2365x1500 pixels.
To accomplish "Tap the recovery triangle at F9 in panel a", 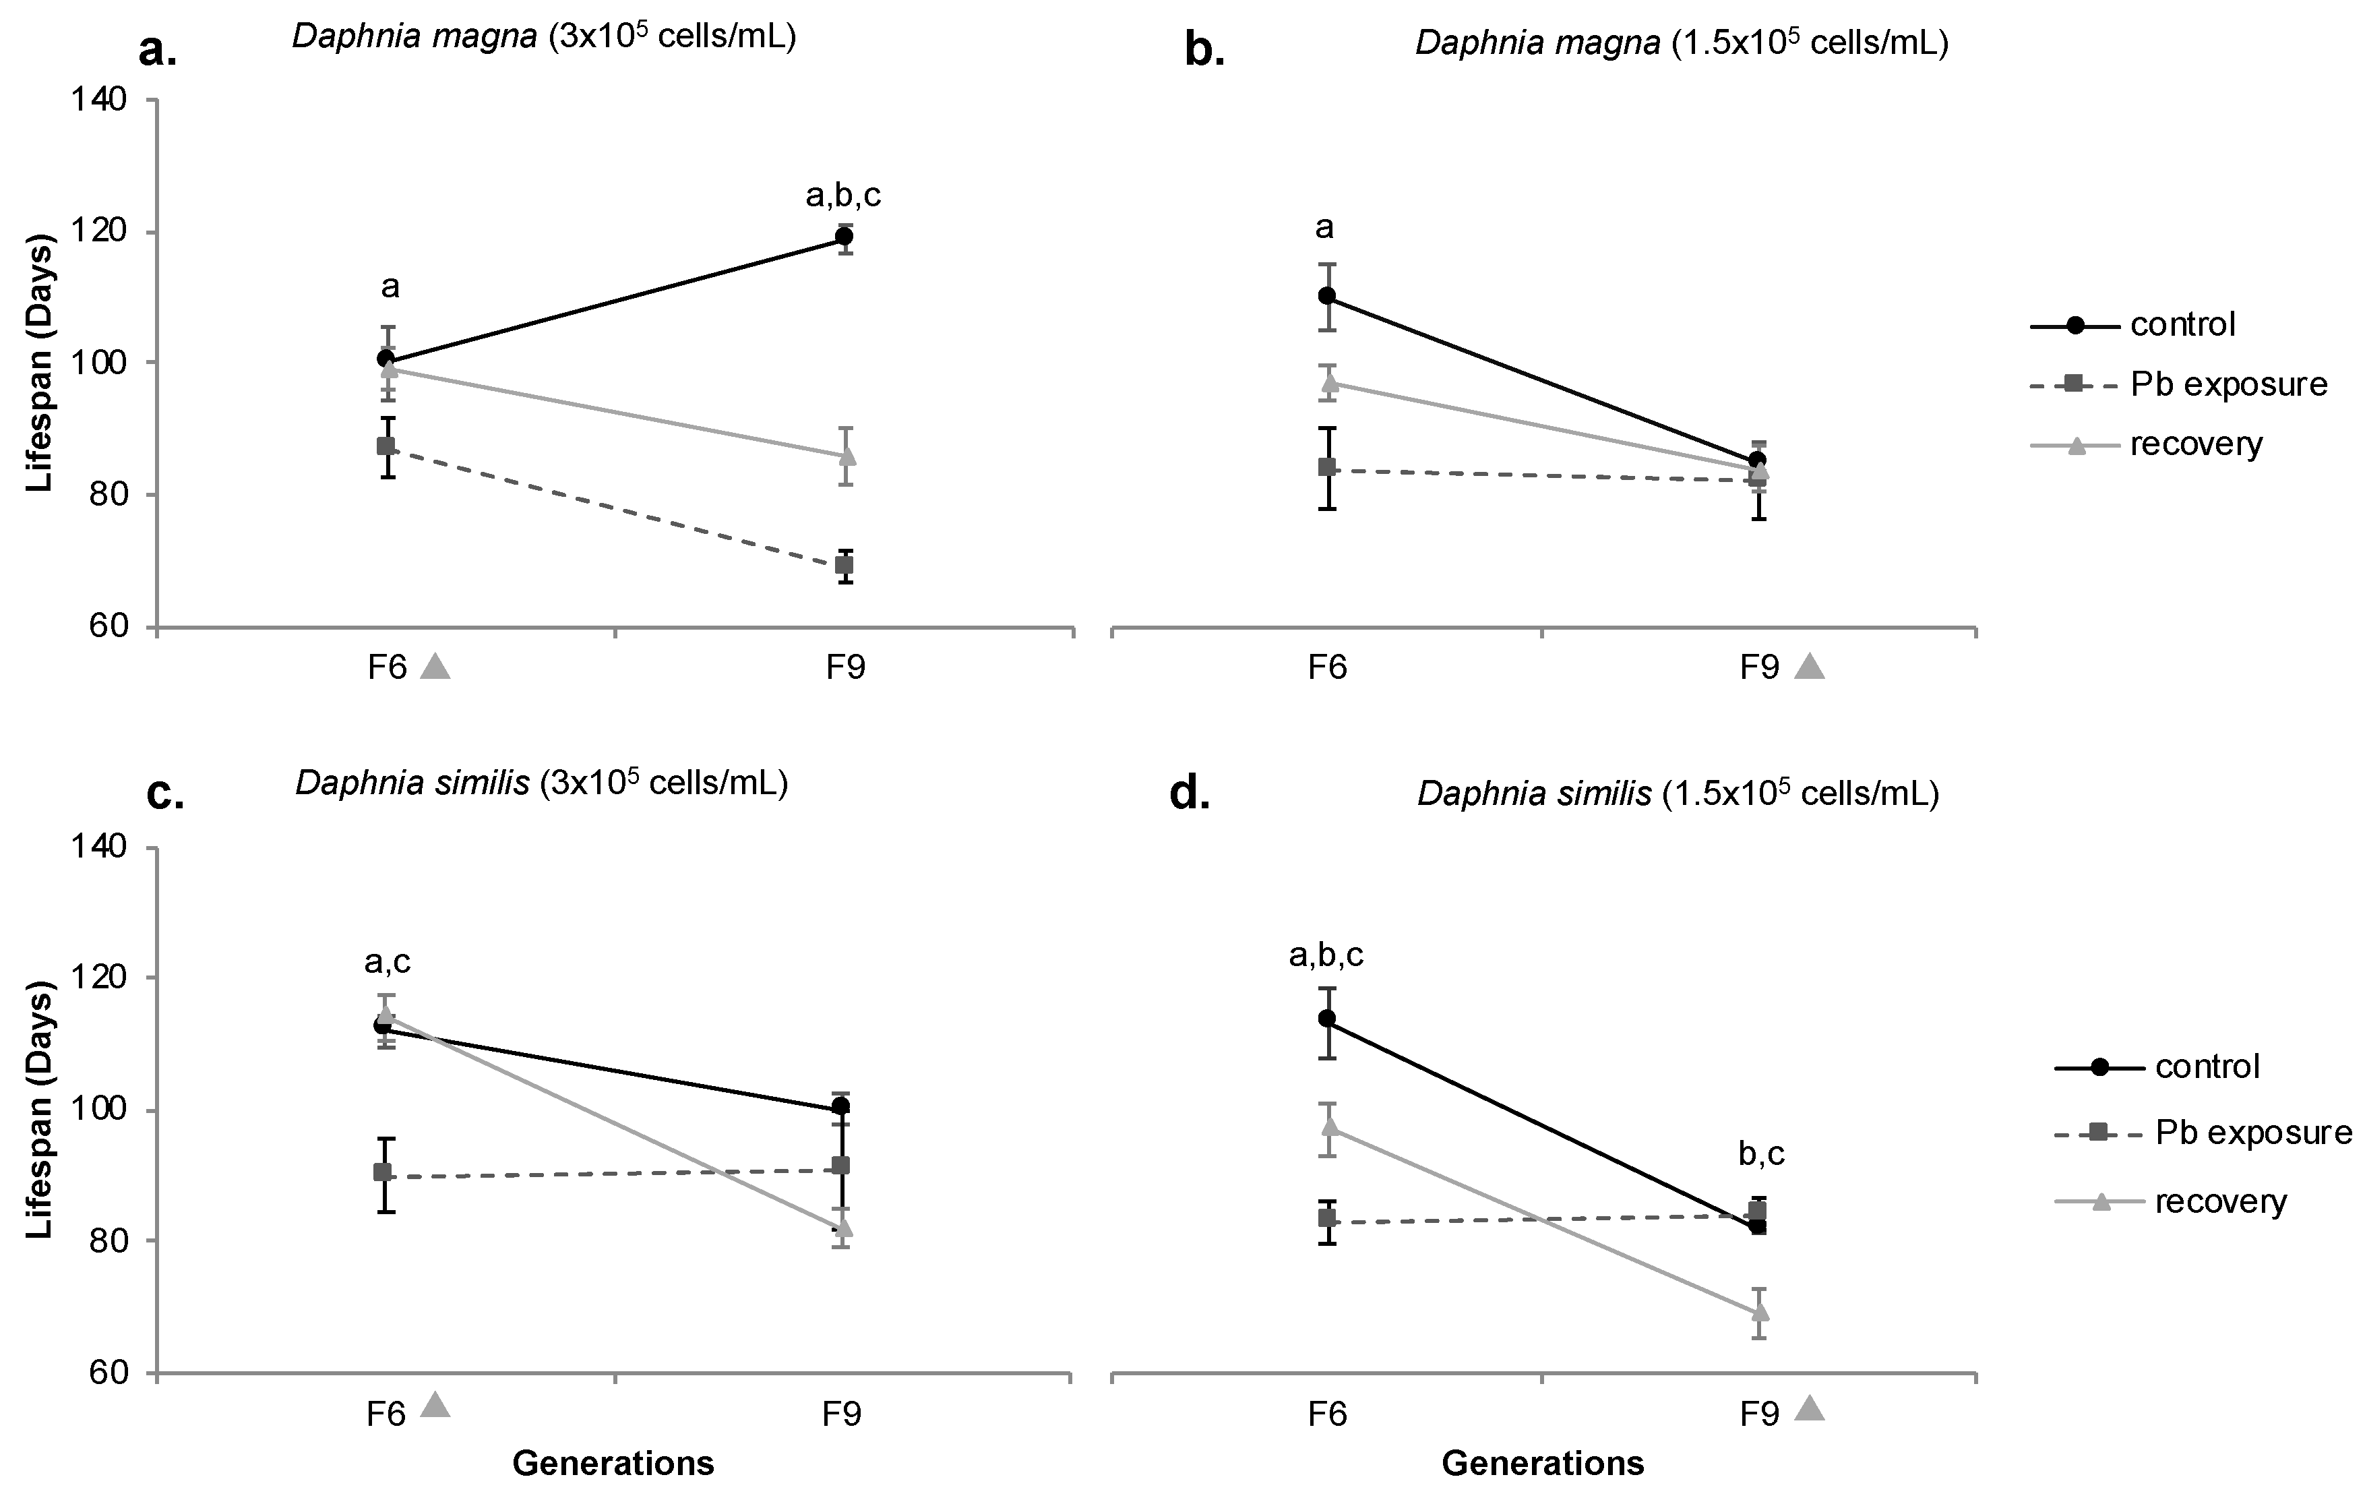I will tap(846, 456).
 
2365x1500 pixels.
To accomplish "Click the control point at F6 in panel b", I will tap(1327, 296).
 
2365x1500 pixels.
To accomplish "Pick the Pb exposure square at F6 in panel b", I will tap(1327, 467).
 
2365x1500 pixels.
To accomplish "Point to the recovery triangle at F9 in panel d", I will tap(1760, 1311).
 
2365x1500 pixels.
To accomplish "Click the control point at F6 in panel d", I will tap(1327, 1018).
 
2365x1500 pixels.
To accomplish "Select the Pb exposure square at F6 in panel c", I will tap(383, 1172).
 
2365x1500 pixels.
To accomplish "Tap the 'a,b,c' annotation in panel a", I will tap(842, 196).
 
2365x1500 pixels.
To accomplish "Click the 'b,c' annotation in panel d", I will tap(1761, 1153).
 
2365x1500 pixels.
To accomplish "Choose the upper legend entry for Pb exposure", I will tap(2228, 384).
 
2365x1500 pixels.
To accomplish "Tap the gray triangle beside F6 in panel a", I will tap(435, 667).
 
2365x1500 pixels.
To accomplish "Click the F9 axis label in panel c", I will tap(842, 1414).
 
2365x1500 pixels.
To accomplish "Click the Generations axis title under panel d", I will tap(1542, 1463).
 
